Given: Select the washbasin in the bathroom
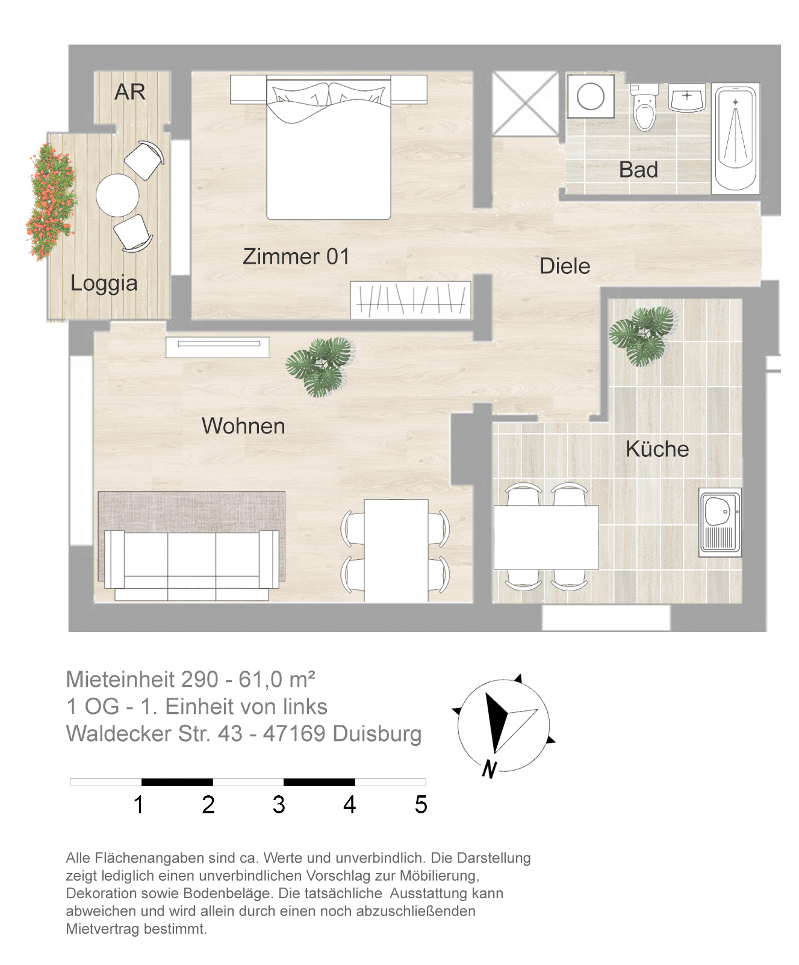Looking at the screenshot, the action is (x=687, y=98).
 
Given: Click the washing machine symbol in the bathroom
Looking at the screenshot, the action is (x=591, y=96).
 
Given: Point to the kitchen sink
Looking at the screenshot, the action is (x=720, y=522).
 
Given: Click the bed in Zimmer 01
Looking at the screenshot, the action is (x=329, y=147).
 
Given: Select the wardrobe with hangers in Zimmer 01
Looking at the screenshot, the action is (x=411, y=299).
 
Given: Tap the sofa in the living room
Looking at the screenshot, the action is (x=191, y=565).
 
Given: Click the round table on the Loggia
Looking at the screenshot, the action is (x=117, y=195).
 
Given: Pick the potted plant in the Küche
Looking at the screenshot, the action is (x=641, y=335).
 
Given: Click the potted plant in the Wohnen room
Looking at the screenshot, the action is (x=320, y=366).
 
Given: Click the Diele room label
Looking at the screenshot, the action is (x=565, y=266).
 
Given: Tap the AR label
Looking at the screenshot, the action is (x=130, y=92).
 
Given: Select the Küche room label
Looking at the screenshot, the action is (x=657, y=449).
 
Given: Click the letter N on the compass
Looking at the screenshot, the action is (x=490, y=769).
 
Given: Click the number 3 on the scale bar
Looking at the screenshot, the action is (x=279, y=805).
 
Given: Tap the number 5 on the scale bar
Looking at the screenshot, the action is (x=421, y=805).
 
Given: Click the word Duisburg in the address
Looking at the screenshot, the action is (x=377, y=734).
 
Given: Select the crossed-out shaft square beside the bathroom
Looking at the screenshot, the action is (x=526, y=104).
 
